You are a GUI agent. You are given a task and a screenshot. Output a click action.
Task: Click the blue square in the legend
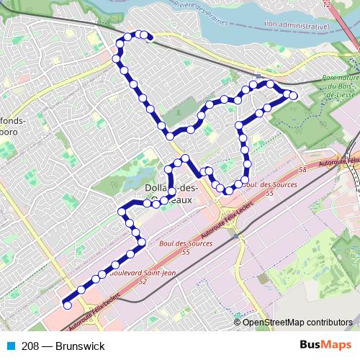[x=12, y=346]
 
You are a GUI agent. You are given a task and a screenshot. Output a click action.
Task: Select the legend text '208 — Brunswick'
[x=63, y=346]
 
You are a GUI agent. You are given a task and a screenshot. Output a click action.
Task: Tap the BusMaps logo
[x=325, y=346]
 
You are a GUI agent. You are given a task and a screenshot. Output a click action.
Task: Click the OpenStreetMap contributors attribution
[x=297, y=323]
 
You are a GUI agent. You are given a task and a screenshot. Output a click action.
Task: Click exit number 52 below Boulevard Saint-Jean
[x=142, y=282]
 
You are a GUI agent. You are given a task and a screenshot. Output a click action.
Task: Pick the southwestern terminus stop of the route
[x=68, y=305]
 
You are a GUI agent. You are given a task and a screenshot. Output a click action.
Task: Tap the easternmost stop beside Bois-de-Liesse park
[x=293, y=95]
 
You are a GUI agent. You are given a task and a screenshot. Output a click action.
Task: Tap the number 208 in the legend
[x=30, y=346]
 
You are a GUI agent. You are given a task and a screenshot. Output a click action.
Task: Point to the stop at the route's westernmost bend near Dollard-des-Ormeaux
[x=121, y=212]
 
